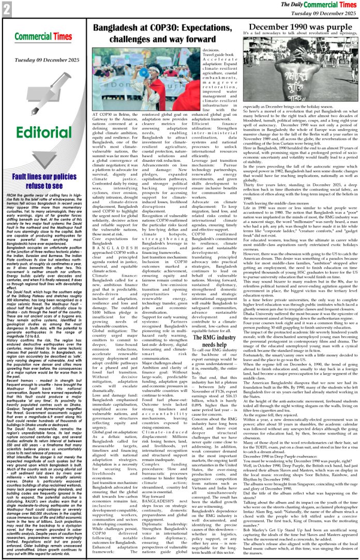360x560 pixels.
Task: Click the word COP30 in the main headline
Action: click(x=158, y=28)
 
